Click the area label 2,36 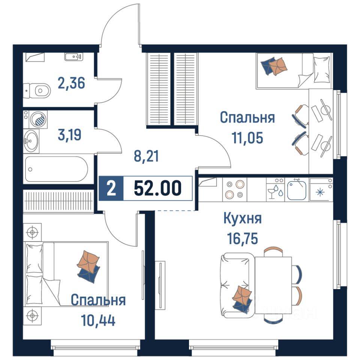71,82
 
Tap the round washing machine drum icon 39,120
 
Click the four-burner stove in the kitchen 235,189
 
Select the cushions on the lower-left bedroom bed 89,264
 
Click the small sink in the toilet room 73,57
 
